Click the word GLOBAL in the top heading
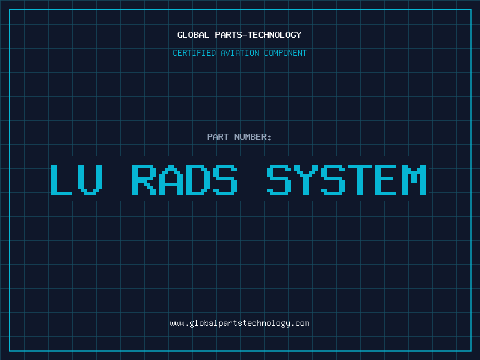pos(193,35)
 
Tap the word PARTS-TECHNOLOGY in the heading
pos(258,35)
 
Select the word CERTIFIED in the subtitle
pos(194,53)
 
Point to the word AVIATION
pos(240,53)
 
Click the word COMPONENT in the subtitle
pos(286,53)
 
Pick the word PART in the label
pos(218,137)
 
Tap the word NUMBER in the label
pos(250,137)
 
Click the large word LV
pos(76,179)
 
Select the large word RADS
pos(184,179)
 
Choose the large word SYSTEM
pos(347,179)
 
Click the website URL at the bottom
pos(239,323)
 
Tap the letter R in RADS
pos(144,179)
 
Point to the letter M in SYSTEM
pos(414,179)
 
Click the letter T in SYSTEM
pos(360,179)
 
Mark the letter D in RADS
pos(198,179)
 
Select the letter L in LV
pos(61,179)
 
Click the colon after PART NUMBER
pos(269,137)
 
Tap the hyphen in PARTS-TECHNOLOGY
pos(245,35)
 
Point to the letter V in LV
pos(90,179)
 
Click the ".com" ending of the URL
pos(299,323)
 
